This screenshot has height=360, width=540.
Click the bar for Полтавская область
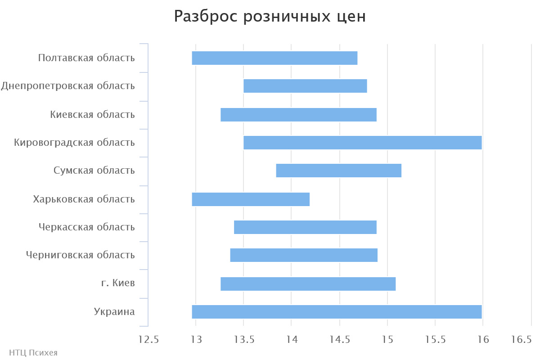274,58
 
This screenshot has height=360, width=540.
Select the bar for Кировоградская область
362,143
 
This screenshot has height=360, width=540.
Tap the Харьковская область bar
251,199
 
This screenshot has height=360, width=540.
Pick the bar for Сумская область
338,171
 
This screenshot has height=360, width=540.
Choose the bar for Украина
337,312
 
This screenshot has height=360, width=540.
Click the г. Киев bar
308,284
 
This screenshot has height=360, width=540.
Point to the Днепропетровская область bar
305,86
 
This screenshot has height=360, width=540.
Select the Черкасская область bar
305,227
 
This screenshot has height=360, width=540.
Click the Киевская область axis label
93,115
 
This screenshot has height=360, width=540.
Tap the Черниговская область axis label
81,256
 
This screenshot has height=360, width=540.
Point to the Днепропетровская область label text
68,86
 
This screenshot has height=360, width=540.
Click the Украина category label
114,312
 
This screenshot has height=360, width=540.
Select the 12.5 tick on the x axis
148,340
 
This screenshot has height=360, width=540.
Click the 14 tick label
291,340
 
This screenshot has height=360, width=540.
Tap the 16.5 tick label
522,340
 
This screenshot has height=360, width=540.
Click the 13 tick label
196,340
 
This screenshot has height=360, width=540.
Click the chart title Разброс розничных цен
270,17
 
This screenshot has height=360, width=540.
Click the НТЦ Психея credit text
33,353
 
